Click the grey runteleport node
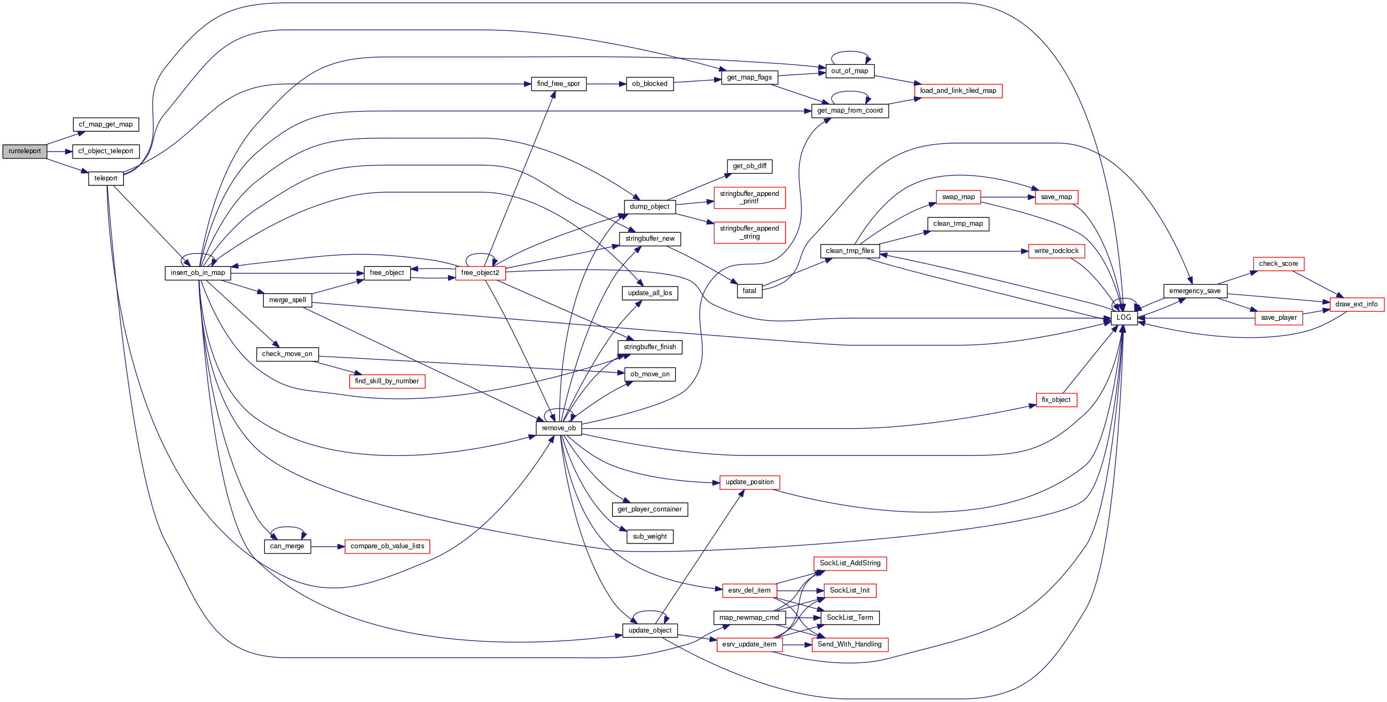coord(25,151)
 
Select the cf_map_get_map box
coord(106,124)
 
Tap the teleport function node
coord(106,178)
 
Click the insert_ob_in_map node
coord(198,273)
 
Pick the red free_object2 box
coord(480,273)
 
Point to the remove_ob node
coord(558,428)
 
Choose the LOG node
coord(1124,318)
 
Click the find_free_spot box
coord(558,84)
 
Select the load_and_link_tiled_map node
coord(958,90)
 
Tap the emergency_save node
coord(1195,291)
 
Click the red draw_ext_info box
coord(1357,304)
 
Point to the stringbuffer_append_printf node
coord(749,198)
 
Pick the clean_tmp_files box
coord(850,251)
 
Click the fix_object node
coord(1056,400)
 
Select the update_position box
coord(749,482)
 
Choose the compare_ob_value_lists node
coord(387,546)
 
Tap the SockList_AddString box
coord(850,563)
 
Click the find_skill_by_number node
coord(387,381)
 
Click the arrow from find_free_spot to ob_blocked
coord(606,84)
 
